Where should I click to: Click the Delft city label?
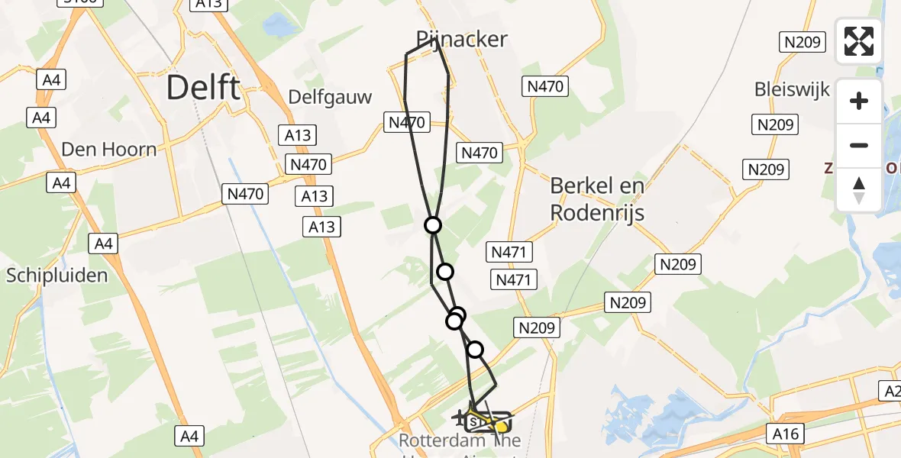coord(202,88)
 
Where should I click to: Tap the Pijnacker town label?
coord(462,39)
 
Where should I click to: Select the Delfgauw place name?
coord(330,97)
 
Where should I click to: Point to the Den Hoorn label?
coord(108,149)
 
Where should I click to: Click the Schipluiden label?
coord(57,275)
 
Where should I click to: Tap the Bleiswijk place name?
coord(792,89)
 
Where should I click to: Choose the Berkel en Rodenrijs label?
coord(597,198)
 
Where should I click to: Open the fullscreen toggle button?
coord(859,41)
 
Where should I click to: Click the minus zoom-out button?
coord(859,145)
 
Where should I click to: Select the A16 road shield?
coord(786,434)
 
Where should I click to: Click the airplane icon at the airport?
coord(460,418)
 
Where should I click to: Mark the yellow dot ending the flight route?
coord(500,427)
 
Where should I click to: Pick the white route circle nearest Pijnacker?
coord(433,224)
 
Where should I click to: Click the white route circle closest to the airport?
coord(475,350)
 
